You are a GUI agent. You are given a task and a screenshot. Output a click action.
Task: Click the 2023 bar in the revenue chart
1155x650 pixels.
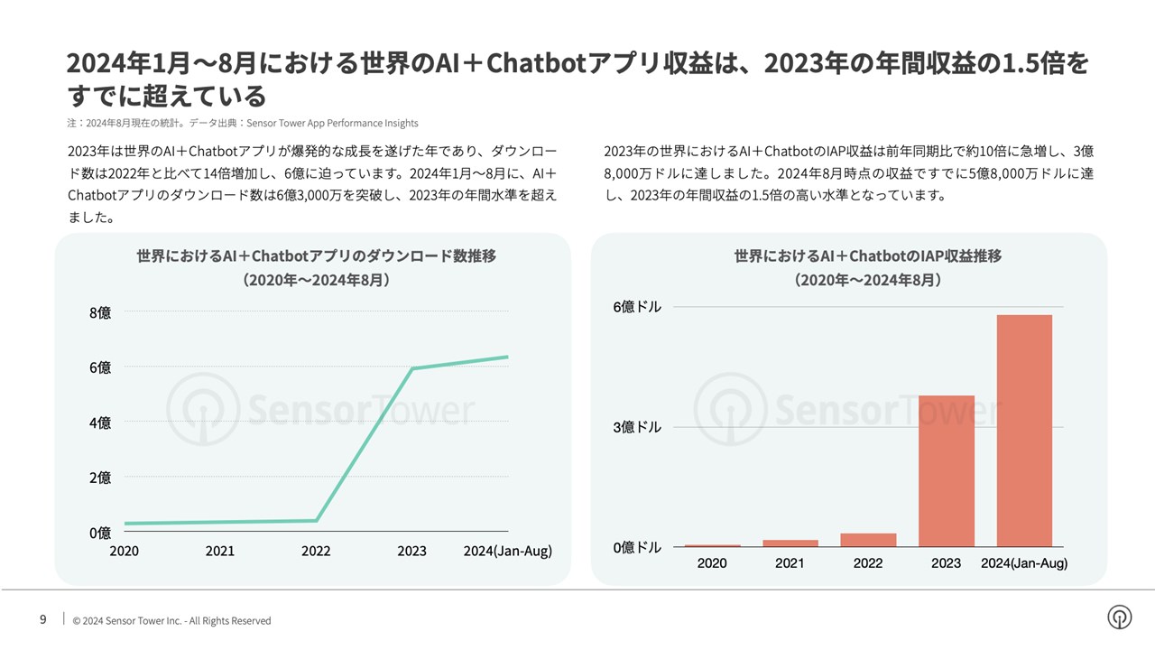(x=946, y=470)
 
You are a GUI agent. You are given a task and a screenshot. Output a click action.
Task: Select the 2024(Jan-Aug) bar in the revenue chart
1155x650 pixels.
(x=1024, y=431)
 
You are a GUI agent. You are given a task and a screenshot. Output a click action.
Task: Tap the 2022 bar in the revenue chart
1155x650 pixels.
(x=868, y=540)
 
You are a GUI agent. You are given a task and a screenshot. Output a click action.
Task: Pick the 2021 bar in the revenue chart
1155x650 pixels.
(x=790, y=543)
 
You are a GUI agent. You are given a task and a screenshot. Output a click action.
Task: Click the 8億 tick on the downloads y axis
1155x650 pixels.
(x=100, y=312)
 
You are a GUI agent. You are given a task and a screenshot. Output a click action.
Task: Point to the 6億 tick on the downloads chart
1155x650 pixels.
(x=100, y=367)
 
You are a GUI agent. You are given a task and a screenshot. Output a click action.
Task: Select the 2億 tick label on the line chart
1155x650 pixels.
(x=100, y=478)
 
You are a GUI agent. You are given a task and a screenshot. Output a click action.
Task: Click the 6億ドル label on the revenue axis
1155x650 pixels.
(x=637, y=307)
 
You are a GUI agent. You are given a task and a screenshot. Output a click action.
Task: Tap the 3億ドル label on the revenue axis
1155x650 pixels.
(x=637, y=427)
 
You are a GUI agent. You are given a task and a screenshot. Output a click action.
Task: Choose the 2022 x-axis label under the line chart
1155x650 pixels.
(x=316, y=552)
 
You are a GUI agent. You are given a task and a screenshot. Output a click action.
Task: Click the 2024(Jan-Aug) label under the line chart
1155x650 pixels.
(x=507, y=552)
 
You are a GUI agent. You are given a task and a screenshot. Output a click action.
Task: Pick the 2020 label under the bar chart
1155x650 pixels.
(x=712, y=563)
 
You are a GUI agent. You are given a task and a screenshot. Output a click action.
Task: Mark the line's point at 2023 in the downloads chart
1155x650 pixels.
(x=412, y=368)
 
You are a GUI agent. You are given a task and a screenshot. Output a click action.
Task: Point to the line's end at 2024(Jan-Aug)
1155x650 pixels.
(x=507, y=357)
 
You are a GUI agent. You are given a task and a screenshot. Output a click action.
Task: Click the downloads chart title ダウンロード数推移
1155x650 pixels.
(x=316, y=256)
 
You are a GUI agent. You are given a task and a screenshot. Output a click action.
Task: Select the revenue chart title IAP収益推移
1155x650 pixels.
(x=867, y=256)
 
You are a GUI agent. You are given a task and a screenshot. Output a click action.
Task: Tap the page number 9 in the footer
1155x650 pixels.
(x=42, y=619)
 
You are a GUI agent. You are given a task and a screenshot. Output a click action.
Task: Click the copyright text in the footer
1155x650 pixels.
(x=171, y=621)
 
